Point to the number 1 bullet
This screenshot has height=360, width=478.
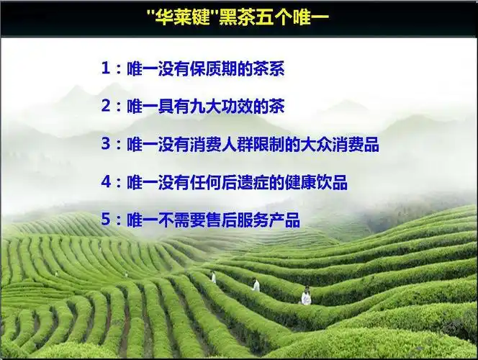point(107,70)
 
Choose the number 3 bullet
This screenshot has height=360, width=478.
point(107,145)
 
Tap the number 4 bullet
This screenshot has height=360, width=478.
point(107,182)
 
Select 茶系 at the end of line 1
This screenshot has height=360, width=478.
point(280,70)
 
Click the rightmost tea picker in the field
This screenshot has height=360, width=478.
point(307,295)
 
